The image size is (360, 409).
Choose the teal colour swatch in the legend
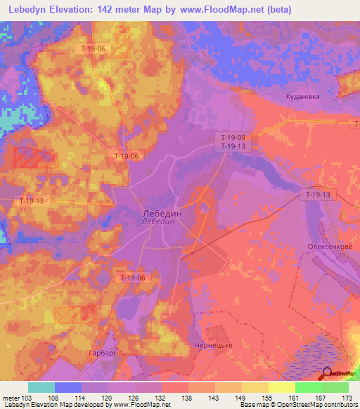tap(41, 387)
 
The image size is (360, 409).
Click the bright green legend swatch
tap(309, 387)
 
